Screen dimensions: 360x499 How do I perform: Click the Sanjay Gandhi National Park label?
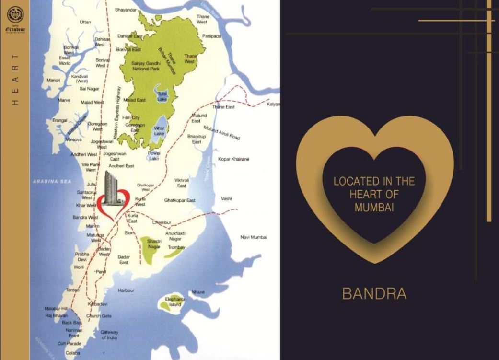pyautogui.click(x=145, y=66)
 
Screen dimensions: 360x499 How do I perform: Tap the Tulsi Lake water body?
pyautogui.click(x=161, y=94)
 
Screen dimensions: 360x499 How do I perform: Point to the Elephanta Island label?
pyautogui.click(x=175, y=302)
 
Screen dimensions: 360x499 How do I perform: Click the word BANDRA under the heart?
pyautogui.click(x=374, y=294)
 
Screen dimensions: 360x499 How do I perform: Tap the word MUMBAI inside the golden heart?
pyautogui.click(x=374, y=208)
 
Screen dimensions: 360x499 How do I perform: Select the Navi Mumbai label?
pyautogui.click(x=254, y=237)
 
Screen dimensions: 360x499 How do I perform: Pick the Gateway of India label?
pyautogui.click(x=109, y=335)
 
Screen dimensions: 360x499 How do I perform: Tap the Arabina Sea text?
pyautogui.click(x=52, y=181)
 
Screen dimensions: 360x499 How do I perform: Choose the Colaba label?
pyautogui.click(x=72, y=353)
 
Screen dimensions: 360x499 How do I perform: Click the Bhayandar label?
pyautogui.click(x=126, y=10)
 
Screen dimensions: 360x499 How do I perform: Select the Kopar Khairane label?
pyautogui.click(x=234, y=159)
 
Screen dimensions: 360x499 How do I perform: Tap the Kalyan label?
pyautogui.click(x=273, y=104)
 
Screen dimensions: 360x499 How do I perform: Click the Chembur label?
pyautogui.click(x=162, y=222)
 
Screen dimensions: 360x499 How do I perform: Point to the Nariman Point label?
pyautogui.click(x=74, y=333)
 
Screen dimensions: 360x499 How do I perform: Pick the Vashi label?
pyautogui.click(x=226, y=198)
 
